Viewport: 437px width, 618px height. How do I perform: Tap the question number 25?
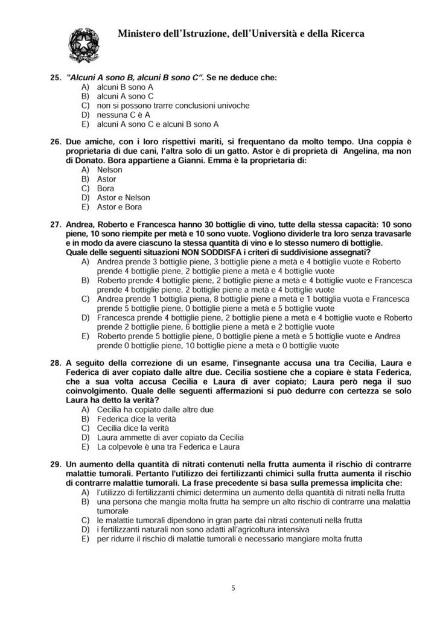click(x=55, y=78)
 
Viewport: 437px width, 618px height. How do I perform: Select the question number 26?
click(x=55, y=141)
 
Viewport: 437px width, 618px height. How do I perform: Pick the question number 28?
click(x=55, y=363)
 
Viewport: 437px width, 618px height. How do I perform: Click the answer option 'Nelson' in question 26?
click(x=109, y=170)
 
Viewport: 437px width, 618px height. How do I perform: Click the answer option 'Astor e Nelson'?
click(x=123, y=197)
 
